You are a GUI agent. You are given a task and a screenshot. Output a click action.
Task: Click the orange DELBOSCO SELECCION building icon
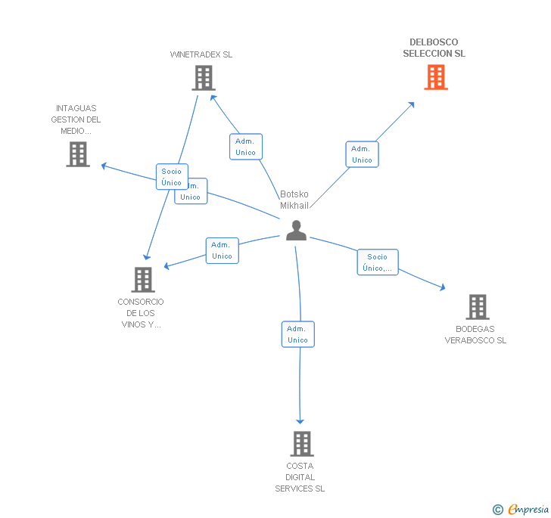coord(435,77)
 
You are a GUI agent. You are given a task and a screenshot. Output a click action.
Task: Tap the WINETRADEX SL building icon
coord(203,78)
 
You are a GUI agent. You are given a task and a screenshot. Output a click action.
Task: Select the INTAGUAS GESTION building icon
coord(78,154)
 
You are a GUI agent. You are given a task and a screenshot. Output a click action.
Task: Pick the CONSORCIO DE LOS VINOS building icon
coord(142,280)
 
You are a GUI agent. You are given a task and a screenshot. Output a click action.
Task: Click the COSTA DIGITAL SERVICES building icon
coord(301,444)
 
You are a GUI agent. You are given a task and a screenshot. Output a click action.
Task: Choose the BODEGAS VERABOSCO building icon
coord(477,307)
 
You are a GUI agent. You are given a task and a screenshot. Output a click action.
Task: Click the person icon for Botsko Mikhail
coord(296,231)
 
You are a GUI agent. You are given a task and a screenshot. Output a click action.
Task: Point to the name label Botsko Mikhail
coord(294,200)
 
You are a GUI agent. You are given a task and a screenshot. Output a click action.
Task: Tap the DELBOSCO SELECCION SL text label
coord(434,48)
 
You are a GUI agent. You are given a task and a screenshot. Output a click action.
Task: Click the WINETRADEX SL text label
coord(201,54)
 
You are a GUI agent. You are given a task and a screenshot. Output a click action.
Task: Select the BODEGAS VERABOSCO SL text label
coord(475,334)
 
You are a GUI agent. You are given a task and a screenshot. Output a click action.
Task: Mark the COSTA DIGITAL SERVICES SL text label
coord(300,477)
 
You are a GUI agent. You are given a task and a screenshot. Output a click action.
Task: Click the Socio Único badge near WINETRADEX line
coord(172,177)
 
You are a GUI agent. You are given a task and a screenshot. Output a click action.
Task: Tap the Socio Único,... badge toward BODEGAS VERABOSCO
coord(378,262)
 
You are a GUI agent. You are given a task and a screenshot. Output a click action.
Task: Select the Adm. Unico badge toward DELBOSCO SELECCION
coord(362,154)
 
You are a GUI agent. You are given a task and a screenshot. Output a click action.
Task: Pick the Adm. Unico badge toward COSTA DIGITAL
coord(297,334)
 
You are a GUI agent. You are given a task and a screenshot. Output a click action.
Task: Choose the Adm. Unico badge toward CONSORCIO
coord(222,250)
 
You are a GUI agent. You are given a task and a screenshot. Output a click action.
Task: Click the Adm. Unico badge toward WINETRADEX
coord(245,147)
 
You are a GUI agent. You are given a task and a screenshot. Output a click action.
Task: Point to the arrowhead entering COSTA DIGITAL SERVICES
coord(300,420)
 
